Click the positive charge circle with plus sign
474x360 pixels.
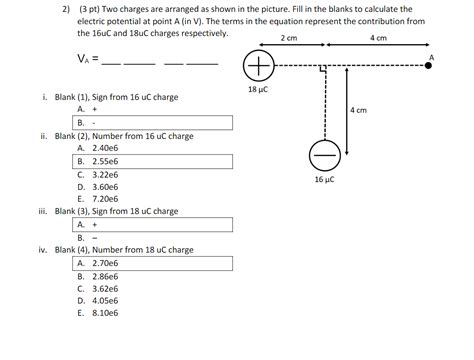(x=258, y=67)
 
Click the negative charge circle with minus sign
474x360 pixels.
(x=324, y=155)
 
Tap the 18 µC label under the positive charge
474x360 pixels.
(x=258, y=89)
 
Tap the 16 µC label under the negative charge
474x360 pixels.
(x=324, y=180)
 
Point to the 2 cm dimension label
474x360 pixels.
(x=289, y=37)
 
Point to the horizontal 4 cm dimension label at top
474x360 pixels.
(x=378, y=37)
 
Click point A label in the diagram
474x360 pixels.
(x=431, y=58)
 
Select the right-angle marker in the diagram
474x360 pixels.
(x=320, y=73)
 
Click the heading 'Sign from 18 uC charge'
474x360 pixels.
(x=141, y=212)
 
